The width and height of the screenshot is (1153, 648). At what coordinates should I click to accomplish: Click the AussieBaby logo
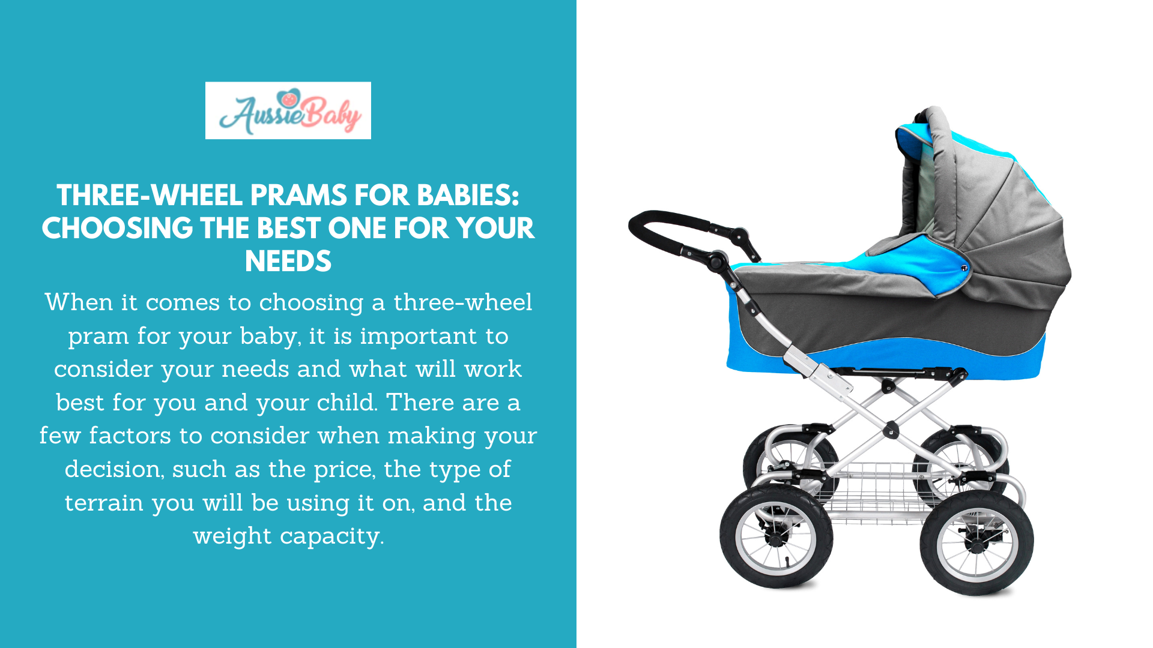pos(288,110)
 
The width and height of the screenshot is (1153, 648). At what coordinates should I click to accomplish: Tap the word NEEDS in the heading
pos(288,262)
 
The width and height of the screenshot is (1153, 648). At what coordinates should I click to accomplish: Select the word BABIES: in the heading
pos(468,196)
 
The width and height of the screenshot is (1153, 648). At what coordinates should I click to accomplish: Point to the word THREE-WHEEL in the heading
pos(150,196)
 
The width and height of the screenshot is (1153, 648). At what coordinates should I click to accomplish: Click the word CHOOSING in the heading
pos(117,229)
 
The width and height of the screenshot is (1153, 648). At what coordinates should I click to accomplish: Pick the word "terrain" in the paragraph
pos(104,503)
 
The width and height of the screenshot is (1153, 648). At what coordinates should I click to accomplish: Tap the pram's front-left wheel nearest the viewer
pos(776,537)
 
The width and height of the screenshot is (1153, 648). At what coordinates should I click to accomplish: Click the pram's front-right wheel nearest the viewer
pos(976,543)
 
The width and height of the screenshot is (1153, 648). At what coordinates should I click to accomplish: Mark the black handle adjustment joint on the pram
pos(717,261)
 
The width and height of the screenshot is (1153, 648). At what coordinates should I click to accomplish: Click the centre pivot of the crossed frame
pos(891,429)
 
